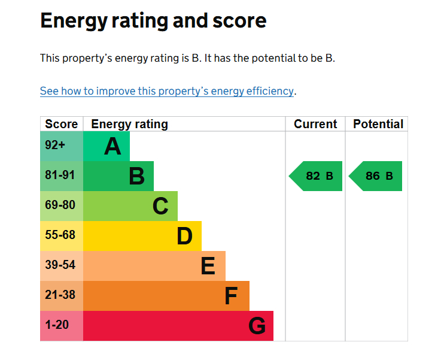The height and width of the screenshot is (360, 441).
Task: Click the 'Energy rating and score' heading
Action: pos(153,21)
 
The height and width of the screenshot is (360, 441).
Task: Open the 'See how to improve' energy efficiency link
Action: pos(167,91)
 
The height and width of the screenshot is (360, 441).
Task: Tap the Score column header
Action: pos(61,124)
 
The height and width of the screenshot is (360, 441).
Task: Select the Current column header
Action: pos(315,124)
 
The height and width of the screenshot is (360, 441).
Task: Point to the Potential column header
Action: pos(378,124)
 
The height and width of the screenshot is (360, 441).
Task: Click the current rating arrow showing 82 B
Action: pos(315,176)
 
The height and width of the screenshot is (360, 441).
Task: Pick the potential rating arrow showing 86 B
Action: pos(375,176)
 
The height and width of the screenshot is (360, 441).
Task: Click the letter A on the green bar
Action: pos(112,146)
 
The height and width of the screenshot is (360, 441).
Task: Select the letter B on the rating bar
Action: pos(136,176)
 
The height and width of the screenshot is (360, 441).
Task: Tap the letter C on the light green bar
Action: pos(160,206)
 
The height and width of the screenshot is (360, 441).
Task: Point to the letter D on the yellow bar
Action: pos(184,236)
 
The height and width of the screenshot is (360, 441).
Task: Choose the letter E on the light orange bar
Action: pos(208,266)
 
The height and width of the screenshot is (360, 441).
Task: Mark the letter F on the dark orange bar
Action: pos(231,296)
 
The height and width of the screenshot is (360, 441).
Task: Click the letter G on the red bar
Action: pos(257,326)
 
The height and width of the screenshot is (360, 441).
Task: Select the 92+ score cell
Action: pos(62,146)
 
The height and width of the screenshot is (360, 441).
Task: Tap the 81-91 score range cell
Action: pos(62,176)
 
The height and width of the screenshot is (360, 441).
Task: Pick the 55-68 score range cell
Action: pos(62,236)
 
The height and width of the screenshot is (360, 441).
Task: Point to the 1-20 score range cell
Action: pos(62,326)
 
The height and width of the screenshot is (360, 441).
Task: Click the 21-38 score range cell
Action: pos(62,296)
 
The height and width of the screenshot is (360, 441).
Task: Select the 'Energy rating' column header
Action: pos(129,125)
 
